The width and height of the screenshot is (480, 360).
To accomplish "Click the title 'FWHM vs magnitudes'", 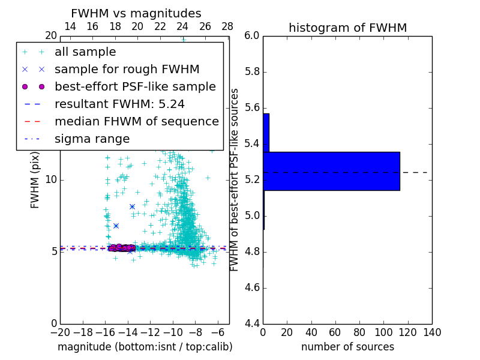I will [x=136, y=14].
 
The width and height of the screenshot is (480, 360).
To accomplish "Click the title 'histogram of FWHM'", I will [x=347, y=28].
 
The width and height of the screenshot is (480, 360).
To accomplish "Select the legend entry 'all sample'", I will [x=85, y=52].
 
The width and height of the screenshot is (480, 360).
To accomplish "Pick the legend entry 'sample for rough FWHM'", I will [x=127, y=70].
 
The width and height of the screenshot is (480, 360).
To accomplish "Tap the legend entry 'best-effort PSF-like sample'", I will [x=135, y=87].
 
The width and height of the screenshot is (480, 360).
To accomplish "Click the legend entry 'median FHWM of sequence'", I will [x=136, y=121].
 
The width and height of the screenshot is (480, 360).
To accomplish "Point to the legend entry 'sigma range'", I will [x=92, y=139].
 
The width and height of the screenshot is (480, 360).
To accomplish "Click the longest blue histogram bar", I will [x=331, y=171].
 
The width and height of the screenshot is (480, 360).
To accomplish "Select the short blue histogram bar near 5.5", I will [x=266, y=133].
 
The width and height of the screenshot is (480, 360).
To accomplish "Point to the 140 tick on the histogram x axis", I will [x=431, y=332].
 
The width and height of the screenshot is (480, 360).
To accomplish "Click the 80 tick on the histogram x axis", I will [x=359, y=332].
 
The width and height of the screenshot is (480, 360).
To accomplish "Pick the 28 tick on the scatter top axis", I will [x=227, y=26].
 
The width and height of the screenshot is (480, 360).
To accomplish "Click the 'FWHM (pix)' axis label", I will [x=35, y=179].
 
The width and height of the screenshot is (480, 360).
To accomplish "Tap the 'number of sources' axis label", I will [x=347, y=347].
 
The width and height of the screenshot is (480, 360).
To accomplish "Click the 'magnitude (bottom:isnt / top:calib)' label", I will [x=145, y=347].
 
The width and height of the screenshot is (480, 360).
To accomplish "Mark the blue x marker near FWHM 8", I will [x=132, y=206].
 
